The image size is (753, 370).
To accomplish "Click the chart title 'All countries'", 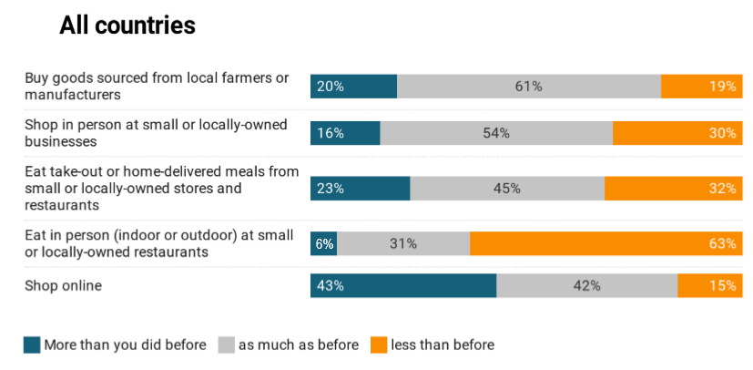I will click(127, 26).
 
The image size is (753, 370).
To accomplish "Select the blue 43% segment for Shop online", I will click(403, 285).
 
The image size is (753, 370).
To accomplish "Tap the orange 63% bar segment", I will click(605, 243).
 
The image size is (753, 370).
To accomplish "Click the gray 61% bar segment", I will click(529, 87).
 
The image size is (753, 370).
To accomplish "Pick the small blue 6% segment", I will click(323, 243).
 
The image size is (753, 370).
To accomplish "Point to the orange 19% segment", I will click(701, 87).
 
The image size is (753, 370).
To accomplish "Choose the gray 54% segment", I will click(496, 133).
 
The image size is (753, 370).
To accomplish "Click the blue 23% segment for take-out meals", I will click(361, 189).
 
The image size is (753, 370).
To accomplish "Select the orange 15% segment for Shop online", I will click(709, 285).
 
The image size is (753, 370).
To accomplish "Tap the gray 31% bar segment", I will click(403, 243).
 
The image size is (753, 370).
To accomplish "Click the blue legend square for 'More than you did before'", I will click(32, 344).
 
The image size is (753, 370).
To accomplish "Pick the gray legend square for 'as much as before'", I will click(227, 344).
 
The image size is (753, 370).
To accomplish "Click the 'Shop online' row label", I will click(63, 285).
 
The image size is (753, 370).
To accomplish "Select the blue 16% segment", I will click(345, 133).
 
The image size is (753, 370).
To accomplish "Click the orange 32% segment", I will click(673, 189).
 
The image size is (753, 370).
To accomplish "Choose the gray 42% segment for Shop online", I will click(587, 285).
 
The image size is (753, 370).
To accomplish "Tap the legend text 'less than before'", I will click(443, 344).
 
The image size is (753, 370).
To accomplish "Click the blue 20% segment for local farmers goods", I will click(353, 87).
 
